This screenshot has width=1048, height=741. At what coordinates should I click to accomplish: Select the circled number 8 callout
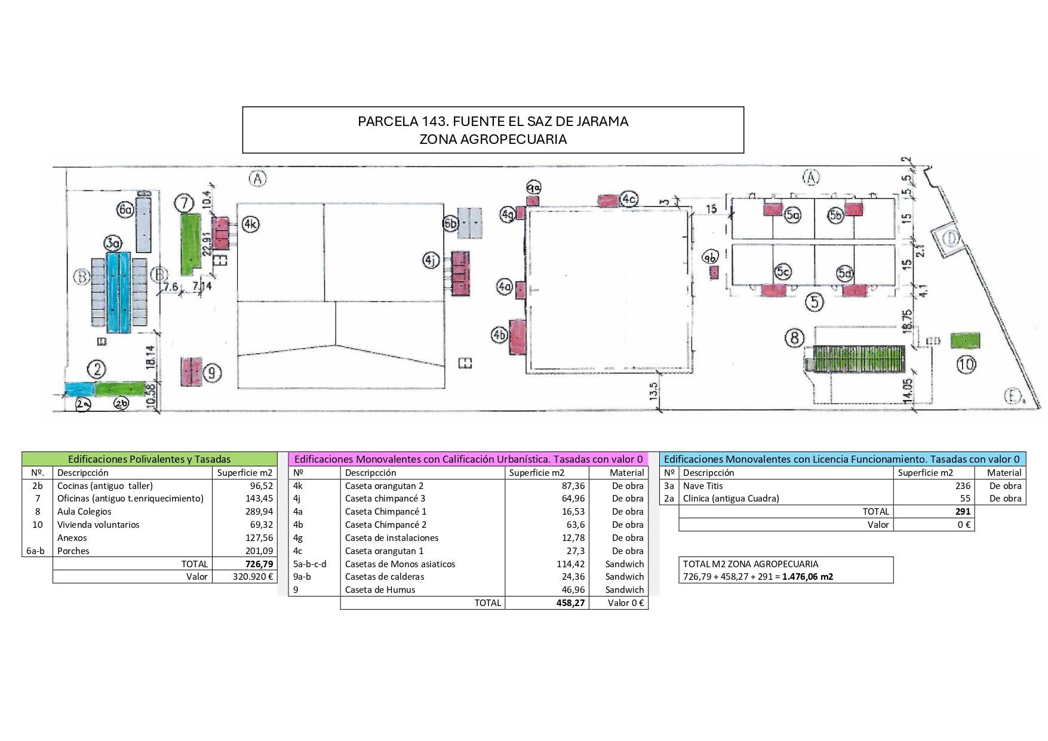(794, 339)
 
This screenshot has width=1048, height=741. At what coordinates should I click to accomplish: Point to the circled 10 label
(966, 364)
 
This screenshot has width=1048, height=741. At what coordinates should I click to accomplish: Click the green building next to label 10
(964, 341)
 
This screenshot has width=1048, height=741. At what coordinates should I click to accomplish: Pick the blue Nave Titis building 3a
(118, 292)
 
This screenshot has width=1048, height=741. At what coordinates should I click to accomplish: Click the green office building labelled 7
(190, 244)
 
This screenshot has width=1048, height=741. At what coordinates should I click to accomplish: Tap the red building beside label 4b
(517, 337)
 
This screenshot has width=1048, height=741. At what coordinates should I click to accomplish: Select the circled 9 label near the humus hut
(211, 373)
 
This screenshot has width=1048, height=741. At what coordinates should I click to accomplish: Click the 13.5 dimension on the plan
(653, 392)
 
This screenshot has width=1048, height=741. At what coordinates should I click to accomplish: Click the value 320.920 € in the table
(253, 577)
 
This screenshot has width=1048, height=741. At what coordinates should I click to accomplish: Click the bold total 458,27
(570, 603)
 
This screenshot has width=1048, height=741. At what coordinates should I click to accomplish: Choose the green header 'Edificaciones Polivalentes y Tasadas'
(149, 459)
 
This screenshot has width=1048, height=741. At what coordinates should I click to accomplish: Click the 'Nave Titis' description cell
(703, 486)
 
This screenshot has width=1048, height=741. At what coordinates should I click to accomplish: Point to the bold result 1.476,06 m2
(807, 577)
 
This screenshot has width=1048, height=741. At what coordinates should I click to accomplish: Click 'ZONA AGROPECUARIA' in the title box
(493, 139)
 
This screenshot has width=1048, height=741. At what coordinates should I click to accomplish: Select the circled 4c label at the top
(628, 199)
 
